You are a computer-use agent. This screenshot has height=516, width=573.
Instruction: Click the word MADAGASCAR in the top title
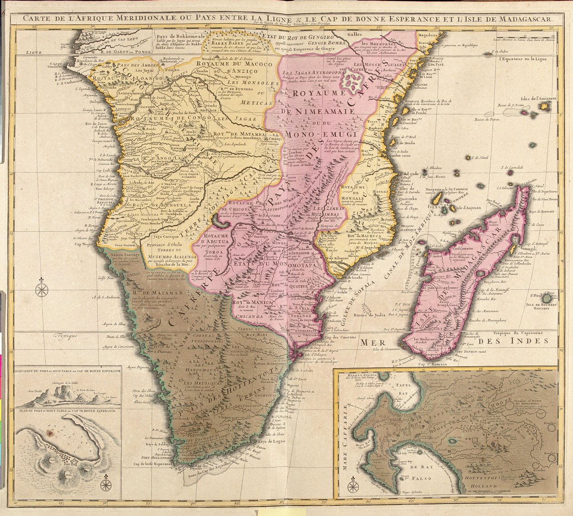[523, 19]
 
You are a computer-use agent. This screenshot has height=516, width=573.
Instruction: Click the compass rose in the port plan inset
[106, 482]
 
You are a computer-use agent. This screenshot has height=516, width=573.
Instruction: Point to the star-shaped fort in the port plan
[76, 462]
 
